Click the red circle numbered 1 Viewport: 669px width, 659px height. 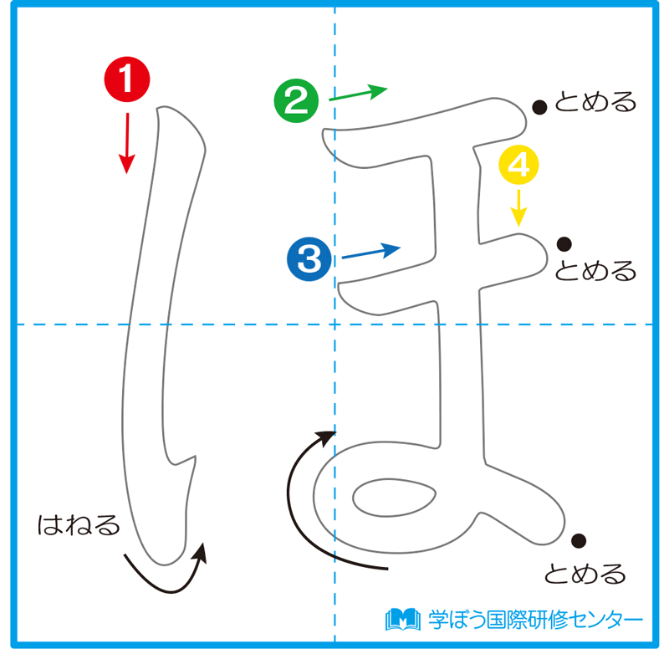point(125,80)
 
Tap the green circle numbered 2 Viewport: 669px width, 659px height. point(296,101)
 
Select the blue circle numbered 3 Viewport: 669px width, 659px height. point(309,258)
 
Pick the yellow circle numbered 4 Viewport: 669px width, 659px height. point(518,166)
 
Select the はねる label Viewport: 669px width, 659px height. point(79,525)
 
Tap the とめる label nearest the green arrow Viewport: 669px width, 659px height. point(595,103)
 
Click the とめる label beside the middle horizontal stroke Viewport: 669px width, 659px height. point(595,271)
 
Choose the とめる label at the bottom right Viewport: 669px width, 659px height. point(585,574)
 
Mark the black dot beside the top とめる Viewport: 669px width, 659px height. point(540,106)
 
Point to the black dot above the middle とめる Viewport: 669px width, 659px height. point(564,244)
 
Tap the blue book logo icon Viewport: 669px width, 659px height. point(402,620)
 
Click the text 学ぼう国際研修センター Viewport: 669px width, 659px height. point(536,620)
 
